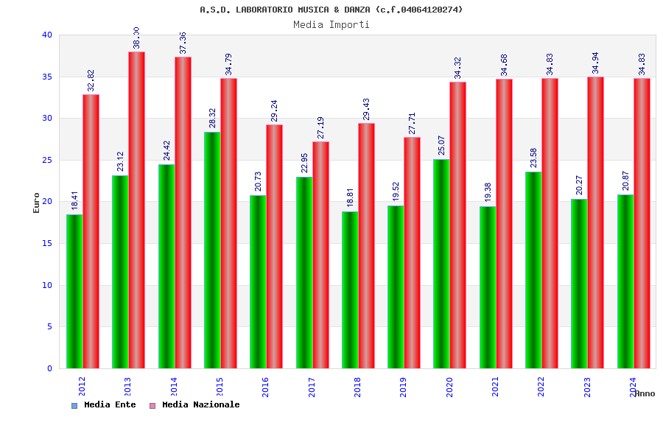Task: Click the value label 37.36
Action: click(x=183, y=43)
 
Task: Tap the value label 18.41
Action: click(x=74, y=200)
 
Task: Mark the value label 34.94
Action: click(x=596, y=63)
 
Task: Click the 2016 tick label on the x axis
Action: click(x=265, y=387)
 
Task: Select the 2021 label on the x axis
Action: click(x=495, y=387)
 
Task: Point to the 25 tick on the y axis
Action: click(x=47, y=160)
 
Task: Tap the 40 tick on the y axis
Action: click(x=47, y=35)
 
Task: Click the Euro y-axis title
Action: click(x=37, y=203)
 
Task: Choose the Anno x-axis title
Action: click(x=645, y=393)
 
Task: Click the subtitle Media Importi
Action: click(x=331, y=24)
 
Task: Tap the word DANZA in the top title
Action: click(x=355, y=10)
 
